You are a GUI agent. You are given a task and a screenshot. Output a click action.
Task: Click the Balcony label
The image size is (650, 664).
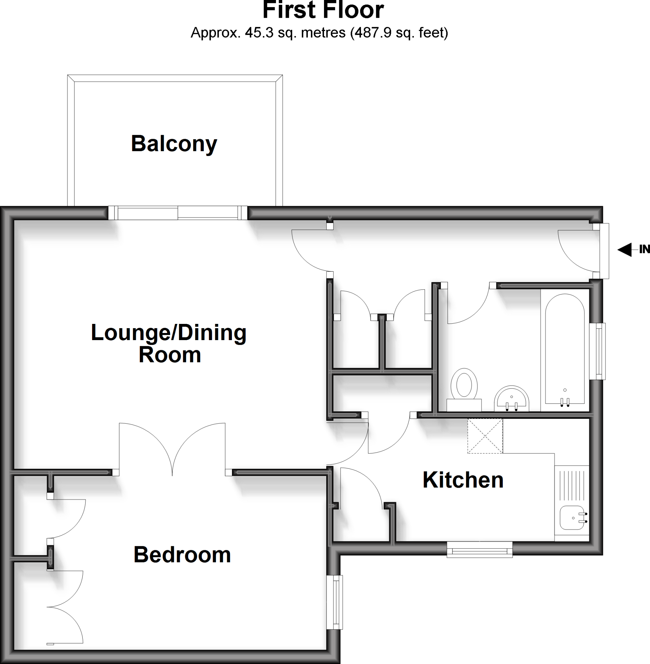(x=174, y=144)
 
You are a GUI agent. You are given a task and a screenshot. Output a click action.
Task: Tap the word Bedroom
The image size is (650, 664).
(x=182, y=555)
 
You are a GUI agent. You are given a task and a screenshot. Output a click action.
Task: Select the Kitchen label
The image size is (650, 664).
(x=463, y=480)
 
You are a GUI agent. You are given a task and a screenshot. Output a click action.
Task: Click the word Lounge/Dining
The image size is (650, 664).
(x=169, y=333)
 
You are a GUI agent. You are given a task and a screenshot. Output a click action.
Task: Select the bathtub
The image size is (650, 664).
(x=565, y=348)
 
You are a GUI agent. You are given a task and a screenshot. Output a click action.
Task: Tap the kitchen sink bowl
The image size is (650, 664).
(x=572, y=518)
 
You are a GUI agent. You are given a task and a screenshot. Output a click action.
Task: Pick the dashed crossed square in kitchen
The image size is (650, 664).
(x=485, y=436)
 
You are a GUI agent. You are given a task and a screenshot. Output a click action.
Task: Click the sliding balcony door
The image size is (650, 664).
(x=177, y=213)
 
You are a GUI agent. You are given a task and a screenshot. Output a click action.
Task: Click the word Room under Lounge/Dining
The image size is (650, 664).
(x=170, y=355)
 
